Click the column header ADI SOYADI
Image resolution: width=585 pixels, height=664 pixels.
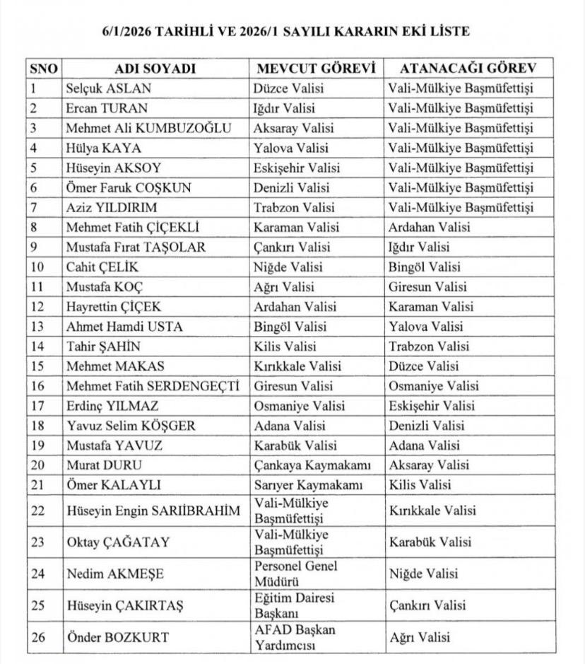point(155,69)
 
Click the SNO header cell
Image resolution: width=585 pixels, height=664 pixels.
point(45,69)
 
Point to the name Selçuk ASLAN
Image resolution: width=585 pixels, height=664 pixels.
point(108,88)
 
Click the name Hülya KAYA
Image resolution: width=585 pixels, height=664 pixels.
point(103,148)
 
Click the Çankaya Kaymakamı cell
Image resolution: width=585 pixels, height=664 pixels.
point(312,465)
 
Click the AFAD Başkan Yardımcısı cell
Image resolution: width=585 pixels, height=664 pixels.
point(295,637)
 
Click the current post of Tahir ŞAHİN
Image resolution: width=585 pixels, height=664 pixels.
point(288,346)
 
